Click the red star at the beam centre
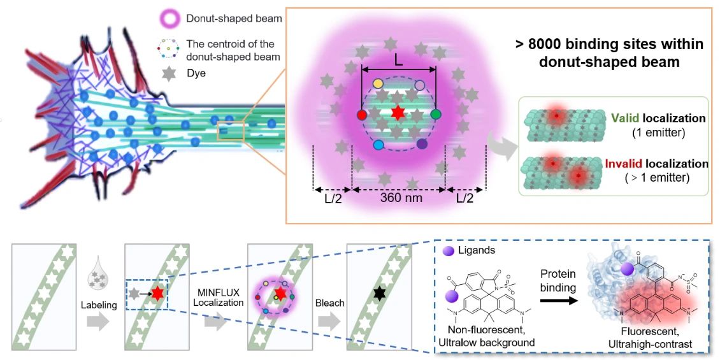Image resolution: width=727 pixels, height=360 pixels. click(398, 113)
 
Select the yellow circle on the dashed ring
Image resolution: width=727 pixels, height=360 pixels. click(378, 83)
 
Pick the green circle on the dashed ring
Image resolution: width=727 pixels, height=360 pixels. click(436, 114)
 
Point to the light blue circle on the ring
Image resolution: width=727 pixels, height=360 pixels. click(378, 145)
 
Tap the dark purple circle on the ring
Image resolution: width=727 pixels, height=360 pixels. click(422, 144)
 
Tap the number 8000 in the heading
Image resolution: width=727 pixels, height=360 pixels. click(554, 44)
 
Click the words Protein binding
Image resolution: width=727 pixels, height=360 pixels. click(554, 280)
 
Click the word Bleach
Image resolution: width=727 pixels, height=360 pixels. click(329, 303)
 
